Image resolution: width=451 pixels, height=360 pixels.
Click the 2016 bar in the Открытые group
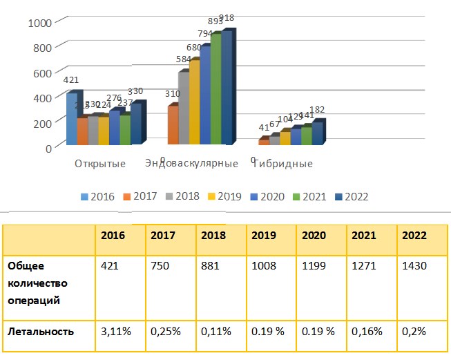[72, 119]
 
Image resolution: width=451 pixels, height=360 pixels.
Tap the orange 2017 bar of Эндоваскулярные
[173, 126]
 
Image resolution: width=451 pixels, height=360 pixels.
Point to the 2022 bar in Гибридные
[317, 134]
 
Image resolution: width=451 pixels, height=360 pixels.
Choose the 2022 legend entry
[351, 196]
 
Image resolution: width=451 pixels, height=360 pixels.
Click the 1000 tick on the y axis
[39, 22]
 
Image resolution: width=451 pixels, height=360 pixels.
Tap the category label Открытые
[100, 164]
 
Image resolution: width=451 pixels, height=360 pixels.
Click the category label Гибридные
[287, 164]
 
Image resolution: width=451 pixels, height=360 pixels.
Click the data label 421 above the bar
[70, 80]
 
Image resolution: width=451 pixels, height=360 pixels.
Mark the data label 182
[316, 110]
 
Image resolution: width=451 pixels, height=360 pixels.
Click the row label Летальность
[41, 331]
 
